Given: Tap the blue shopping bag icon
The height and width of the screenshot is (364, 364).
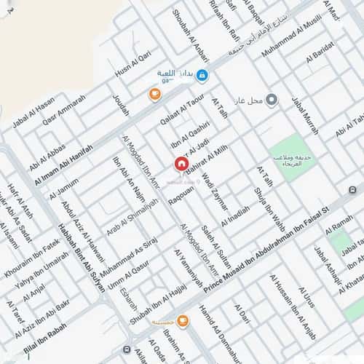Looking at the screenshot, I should [x=202, y=75].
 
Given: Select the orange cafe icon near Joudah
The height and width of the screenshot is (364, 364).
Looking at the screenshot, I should [x=154, y=94].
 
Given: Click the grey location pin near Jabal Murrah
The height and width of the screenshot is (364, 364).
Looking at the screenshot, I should [x=272, y=100].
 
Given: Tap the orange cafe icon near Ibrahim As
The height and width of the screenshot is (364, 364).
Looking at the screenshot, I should [x=181, y=320].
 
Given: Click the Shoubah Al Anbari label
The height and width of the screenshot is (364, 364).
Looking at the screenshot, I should [x=191, y=32].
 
